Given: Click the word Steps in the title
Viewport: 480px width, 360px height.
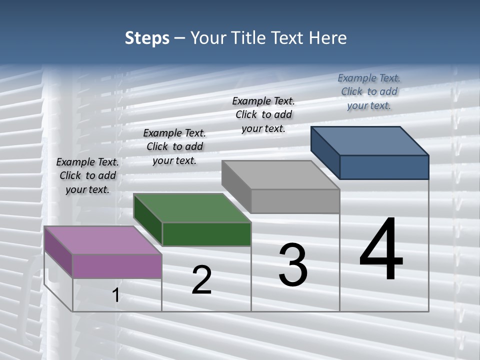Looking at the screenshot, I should click(x=147, y=38).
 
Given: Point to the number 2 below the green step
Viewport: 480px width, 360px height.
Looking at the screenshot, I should click(x=202, y=280).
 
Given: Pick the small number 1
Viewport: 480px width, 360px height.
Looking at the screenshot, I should click(x=116, y=295).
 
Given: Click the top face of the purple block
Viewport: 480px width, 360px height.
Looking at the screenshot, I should click(x=102, y=240).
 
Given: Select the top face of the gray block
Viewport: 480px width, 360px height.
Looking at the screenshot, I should click(x=280, y=175).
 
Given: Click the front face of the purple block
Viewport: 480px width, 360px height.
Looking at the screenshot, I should click(x=117, y=266).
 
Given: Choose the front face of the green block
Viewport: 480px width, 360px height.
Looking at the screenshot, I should click(x=206, y=234).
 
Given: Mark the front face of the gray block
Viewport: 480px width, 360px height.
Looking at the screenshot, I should click(x=295, y=201).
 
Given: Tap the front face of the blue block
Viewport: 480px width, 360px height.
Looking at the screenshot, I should click(x=384, y=167).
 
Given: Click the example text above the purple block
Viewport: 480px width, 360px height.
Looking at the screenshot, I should click(x=87, y=175).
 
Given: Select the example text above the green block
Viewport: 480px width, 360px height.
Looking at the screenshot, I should click(x=174, y=146).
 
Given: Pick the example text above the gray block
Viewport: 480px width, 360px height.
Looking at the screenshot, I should click(x=263, y=114).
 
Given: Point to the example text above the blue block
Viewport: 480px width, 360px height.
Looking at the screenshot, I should click(x=369, y=91).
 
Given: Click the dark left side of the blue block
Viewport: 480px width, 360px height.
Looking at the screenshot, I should click(x=325, y=152).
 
